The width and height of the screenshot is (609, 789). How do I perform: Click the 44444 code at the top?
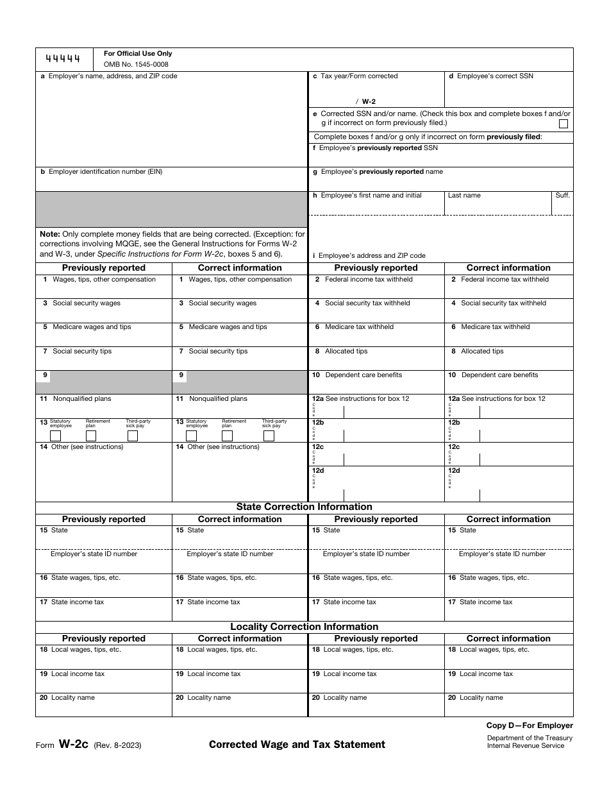63,59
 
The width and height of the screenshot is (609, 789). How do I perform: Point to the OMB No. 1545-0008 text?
137,64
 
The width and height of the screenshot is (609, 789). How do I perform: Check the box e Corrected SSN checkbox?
563,124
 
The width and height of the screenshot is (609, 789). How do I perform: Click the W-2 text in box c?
369,101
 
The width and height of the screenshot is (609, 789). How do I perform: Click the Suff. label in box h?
562,195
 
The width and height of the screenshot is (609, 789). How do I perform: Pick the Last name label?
464,196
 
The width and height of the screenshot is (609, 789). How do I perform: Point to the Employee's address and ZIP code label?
369,255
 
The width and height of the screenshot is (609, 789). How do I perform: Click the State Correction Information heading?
304,507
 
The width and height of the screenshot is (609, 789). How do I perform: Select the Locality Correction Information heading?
304,627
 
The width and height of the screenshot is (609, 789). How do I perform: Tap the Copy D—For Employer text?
530,725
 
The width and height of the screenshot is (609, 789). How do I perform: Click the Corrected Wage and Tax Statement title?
297,745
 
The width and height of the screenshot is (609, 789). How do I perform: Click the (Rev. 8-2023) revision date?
117,745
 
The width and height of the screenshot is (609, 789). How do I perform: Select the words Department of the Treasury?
530,738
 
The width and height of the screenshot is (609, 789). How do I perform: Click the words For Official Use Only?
138,54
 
